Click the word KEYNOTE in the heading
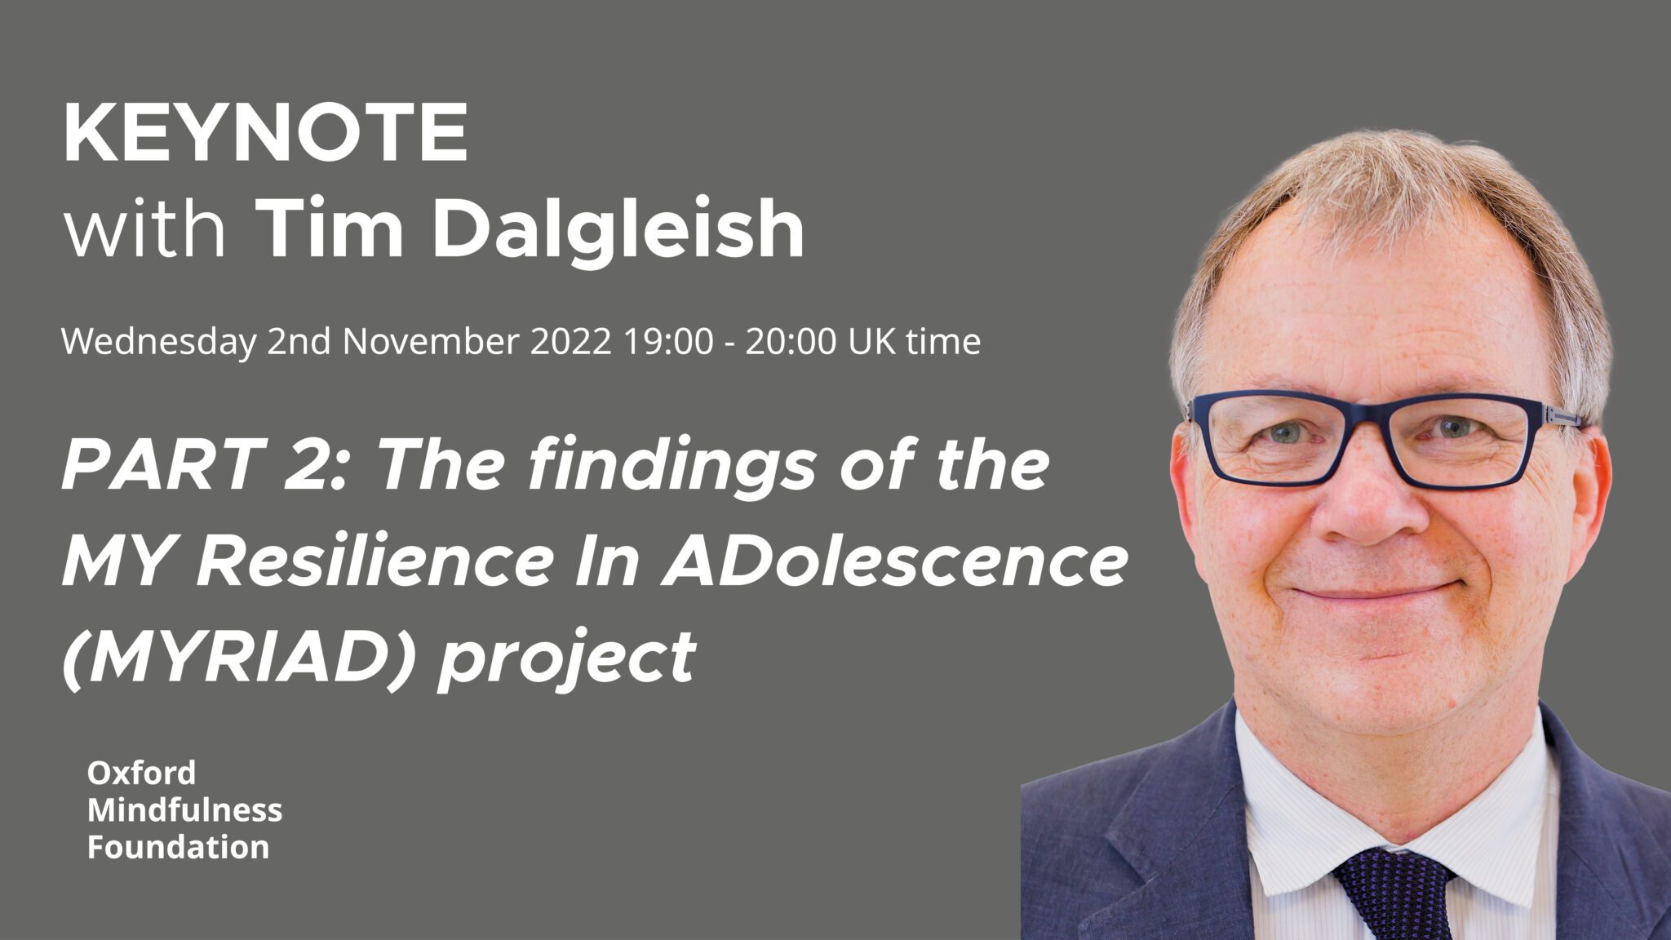pyautogui.click(x=266, y=133)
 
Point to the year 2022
pyautogui.click(x=571, y=341)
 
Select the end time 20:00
pyautogui.click(x=790, y=341)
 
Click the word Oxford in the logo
pyautogui.click(x=141, y=772)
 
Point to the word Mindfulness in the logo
pyautogui.click(x=185, y=809)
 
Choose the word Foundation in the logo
pyautogui.click(x=178, y=847)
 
